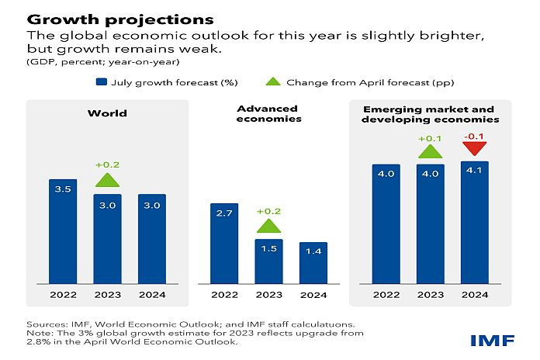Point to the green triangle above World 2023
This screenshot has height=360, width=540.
click(x=107, y=180)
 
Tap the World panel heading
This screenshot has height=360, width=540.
click(x=107, y=114)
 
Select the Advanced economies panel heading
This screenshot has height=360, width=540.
click(x=268, y=114)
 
